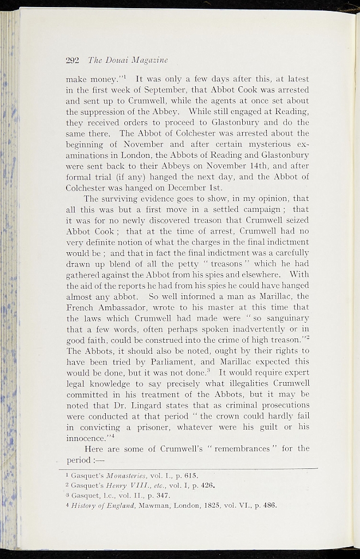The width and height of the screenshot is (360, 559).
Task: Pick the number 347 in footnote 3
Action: tap(164, 496)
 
